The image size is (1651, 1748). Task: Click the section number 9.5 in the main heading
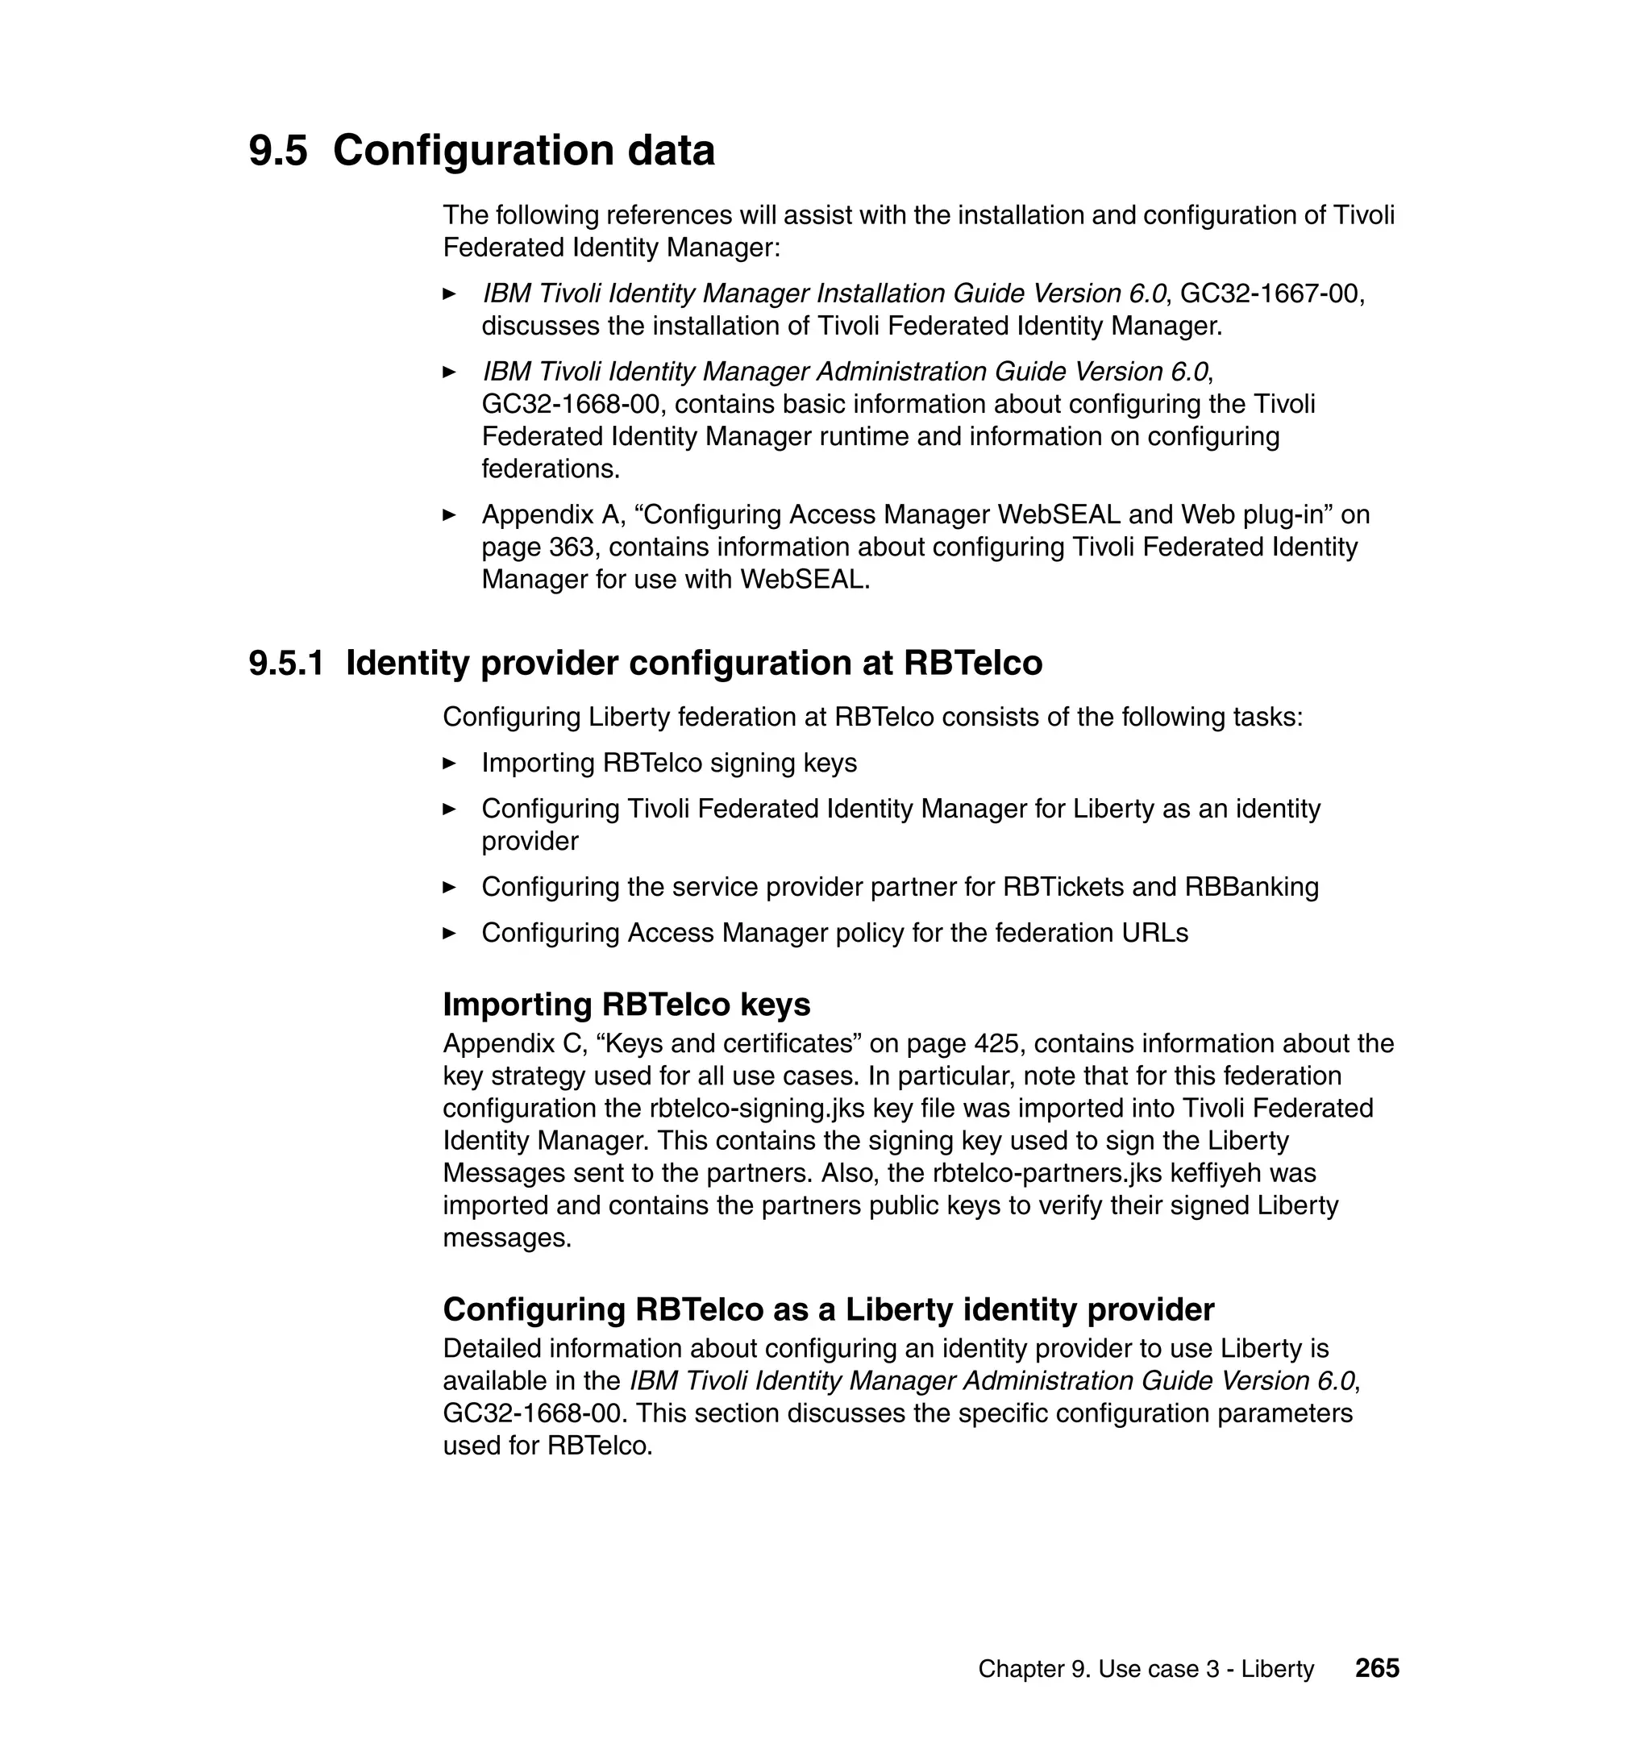click(x=278, y=151)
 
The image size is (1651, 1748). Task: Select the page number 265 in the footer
click(x=1376, y=1668)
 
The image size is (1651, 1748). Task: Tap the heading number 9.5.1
click(x=287, y=664)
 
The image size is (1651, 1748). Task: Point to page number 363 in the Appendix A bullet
click(x=572, y=547)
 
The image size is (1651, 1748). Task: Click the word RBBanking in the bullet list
click(x=1251, y=887)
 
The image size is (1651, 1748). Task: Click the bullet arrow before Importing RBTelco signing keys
click(x=450, y=763)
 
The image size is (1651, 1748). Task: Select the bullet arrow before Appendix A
click(x=450, y=515)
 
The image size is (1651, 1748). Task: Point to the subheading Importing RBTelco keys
click(x=626, y=1005)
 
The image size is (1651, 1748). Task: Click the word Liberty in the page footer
click(x=1277, y=1670)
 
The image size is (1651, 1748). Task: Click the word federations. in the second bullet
click(x=550, y=469)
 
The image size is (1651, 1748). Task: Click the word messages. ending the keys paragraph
click(x=507, y=1238)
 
